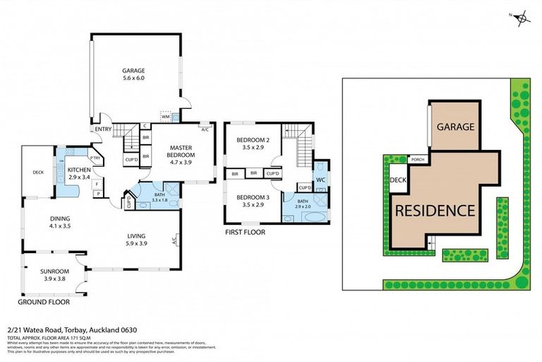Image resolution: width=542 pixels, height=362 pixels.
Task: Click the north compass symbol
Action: click(x=522, y=19)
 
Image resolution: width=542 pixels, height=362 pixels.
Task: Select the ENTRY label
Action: click(x=104, y=129)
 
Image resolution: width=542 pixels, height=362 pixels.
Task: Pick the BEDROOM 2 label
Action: click(x=251, y=141)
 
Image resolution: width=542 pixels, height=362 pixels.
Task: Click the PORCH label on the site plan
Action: click(x=417, y=159)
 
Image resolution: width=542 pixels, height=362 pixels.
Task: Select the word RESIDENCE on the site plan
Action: click(x=434, y=210)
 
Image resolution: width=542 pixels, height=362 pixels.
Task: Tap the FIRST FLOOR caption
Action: click(x=245, y=231)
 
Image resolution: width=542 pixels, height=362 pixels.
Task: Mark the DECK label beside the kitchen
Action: click(x=39, y=172)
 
